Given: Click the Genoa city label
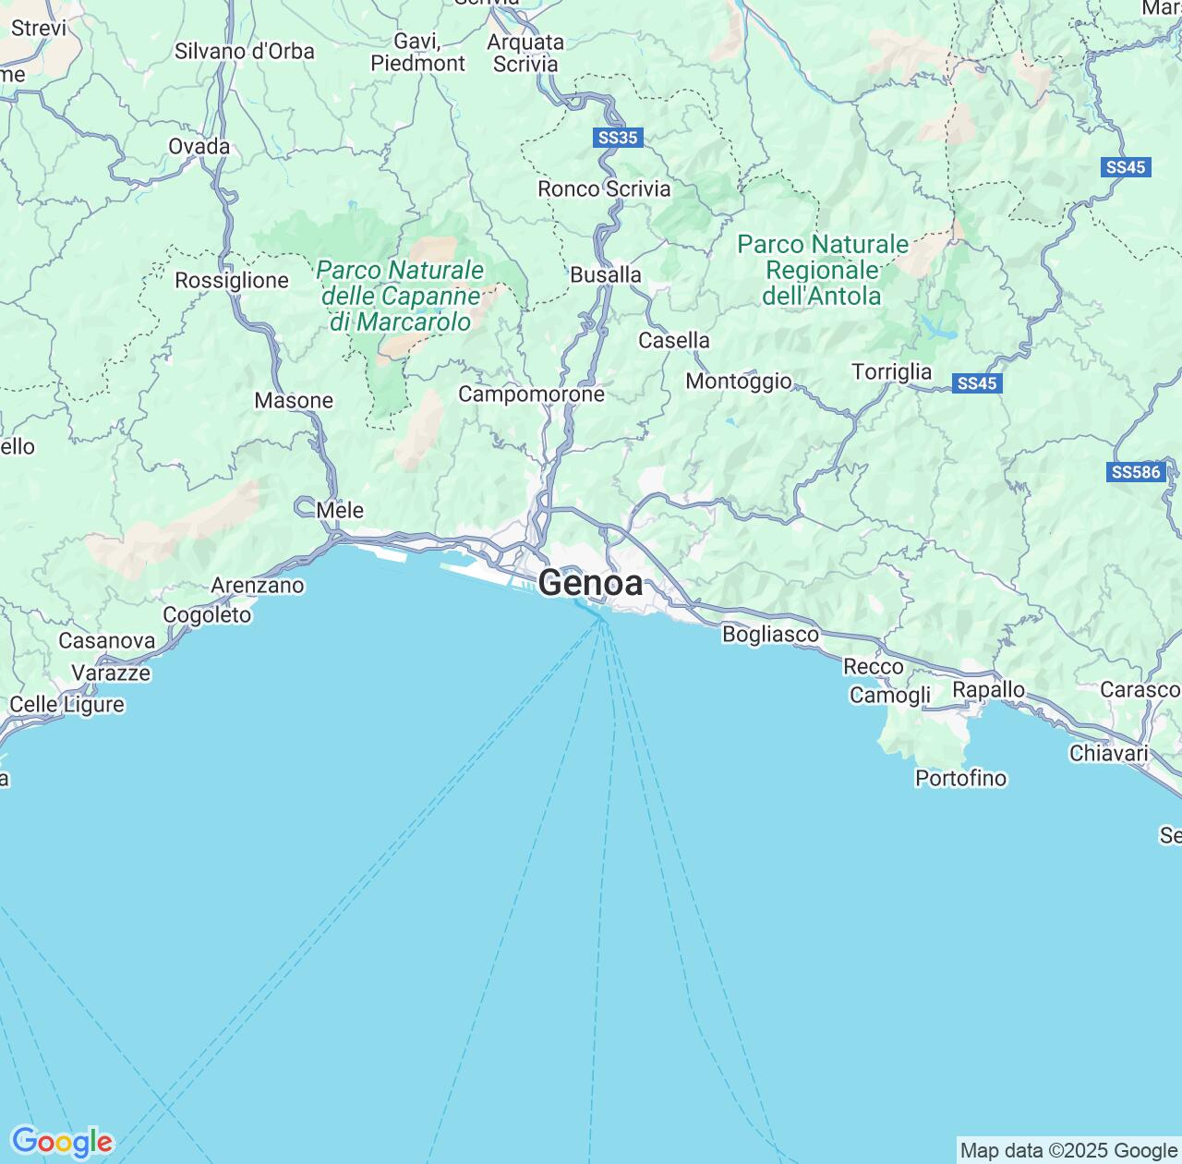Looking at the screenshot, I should (x=590, y=583).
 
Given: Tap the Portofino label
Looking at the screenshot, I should (x=960, y=778).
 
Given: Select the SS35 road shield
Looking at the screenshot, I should (x=618, y=138).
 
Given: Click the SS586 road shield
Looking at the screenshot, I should (x=1135, y=472).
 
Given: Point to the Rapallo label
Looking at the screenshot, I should (x=988, y=690).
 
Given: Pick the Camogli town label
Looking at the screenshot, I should (x=890, y=695).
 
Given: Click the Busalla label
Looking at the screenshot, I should (x=605, y=274).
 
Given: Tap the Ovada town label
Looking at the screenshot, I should (x=199, y=146).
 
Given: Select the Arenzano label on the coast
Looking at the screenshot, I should (x=258, y=585).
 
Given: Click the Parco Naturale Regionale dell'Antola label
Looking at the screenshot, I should (x=823, y=270).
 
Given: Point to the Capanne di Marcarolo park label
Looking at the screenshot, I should (x=400, y=296).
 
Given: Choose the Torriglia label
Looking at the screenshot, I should (x=891, y=371).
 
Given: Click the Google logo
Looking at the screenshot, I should (x=62, y=1142).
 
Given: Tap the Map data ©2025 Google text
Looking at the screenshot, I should (x=1068, y=1150).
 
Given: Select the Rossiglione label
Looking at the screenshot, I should (x=232, y=280).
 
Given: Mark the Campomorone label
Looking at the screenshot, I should (x=531, y=394).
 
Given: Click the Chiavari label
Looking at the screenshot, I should (x=1108, y=753).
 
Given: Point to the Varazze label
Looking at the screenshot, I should (x=111, y=673).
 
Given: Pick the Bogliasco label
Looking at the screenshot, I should (x=770, y=635).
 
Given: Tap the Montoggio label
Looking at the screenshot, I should (x=738, y=381).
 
